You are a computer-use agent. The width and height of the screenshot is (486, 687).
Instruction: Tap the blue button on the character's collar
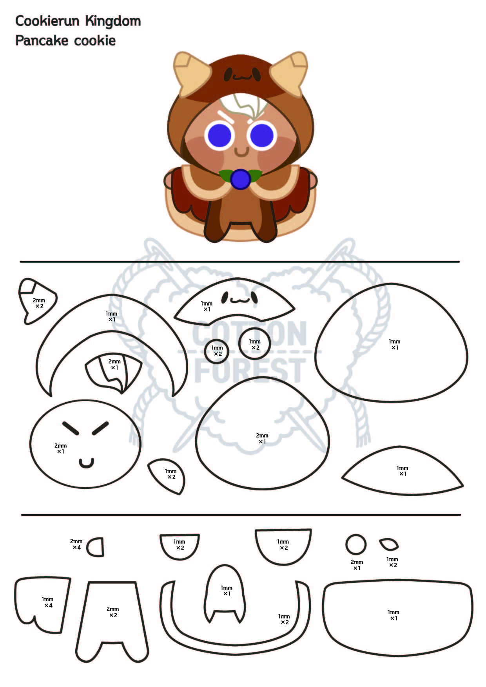click(240, 179)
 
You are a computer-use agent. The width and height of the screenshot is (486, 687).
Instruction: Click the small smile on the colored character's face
click(241, 151)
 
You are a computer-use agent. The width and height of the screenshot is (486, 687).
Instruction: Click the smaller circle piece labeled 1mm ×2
click(217, 351)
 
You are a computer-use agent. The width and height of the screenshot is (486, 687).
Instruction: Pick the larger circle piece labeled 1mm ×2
click(255, 343)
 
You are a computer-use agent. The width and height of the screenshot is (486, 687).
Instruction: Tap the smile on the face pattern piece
click(86, 463)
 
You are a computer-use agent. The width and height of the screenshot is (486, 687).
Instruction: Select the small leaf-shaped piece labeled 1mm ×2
click(389, 544)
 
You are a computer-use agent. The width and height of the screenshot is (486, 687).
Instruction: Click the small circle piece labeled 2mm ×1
click(356, 544)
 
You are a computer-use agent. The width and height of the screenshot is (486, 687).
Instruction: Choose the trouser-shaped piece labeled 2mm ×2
click(112, 615)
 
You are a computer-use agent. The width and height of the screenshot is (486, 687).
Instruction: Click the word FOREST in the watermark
click(250, 370)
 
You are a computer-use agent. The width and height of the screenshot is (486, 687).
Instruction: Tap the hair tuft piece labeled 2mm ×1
click(114, 372)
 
